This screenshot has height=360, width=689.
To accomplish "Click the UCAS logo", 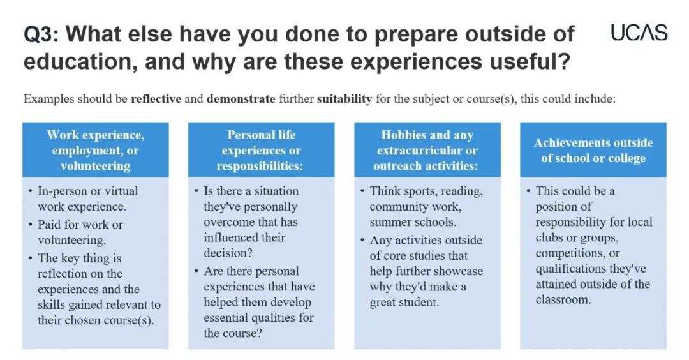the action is [x=639, y=33].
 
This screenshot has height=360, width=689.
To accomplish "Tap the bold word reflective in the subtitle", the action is [x=156, y=99].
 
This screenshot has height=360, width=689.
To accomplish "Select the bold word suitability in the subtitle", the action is [x=344, y=99].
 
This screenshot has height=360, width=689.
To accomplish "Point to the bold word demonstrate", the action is [x=241, y=99].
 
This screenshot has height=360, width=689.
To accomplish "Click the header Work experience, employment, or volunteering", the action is [x=95, y=151].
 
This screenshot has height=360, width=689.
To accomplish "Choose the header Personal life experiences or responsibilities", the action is [x=261, y=151].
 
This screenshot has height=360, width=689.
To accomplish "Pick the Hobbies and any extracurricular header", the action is [x=427, y=151].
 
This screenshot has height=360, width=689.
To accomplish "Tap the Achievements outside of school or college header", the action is [x=593, y=151].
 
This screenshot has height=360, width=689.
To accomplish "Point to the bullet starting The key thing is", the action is [x=94, y=289].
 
